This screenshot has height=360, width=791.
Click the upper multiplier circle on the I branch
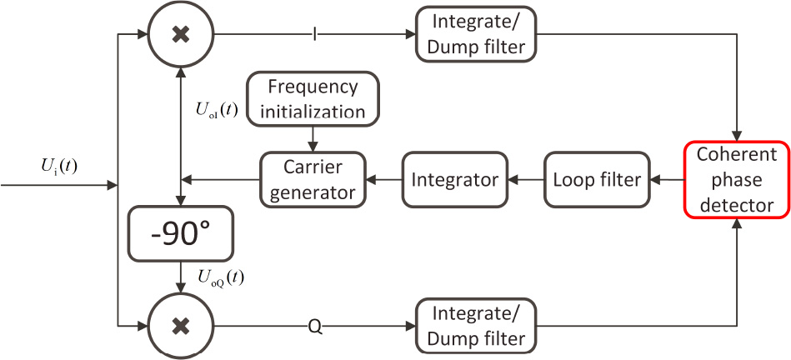tap(179, 36)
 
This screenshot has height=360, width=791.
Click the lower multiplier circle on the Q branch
tap(179, 325)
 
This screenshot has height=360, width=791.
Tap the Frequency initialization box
tap(313, 98)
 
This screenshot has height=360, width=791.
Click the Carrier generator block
tap(313, 178)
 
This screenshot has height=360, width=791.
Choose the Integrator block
tap(455, 178)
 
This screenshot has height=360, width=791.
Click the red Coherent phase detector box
tap(737, 178)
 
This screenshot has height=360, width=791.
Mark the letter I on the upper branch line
tap(314, 36)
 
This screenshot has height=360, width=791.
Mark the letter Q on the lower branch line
tap(314, 326)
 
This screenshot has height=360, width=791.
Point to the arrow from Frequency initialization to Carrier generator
tap(313, 137)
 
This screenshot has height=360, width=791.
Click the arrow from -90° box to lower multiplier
tap(179, 276)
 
